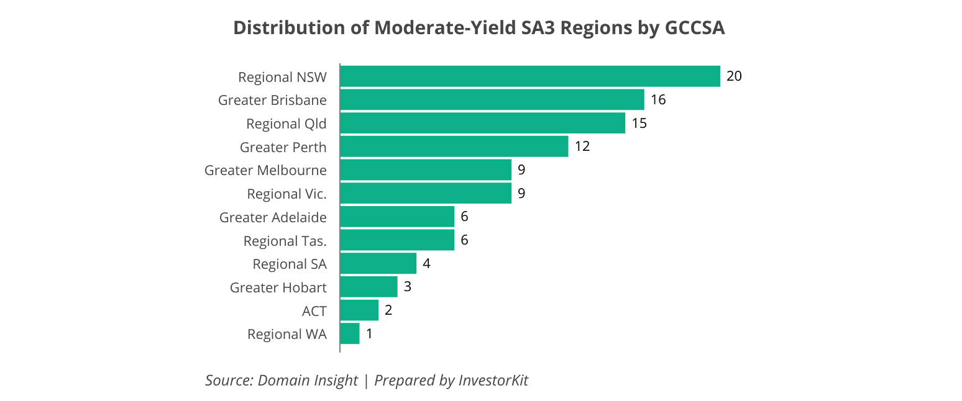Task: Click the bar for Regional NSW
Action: coord(529,76)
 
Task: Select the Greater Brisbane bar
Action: coord(492,100)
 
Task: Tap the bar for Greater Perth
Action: coord(454,146)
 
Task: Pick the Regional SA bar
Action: coord(378,263)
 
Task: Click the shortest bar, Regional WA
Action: coord(350,333)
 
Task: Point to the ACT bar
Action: coord(359,310)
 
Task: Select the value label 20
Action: coord(734,76)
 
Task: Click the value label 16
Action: coord(658,100)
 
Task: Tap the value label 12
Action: coord(582,146)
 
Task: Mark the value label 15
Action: coord(639,124)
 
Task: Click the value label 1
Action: coord(369,333)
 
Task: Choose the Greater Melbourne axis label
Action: coord(265,170)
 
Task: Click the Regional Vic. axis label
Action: coord(286,194)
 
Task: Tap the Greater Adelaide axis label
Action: coord(273,217)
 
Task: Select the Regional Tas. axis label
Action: coord(285,241)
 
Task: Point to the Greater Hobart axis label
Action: coord(278,287)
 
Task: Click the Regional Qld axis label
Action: coord(286,124)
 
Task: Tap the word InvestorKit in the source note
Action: coord(493,380)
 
